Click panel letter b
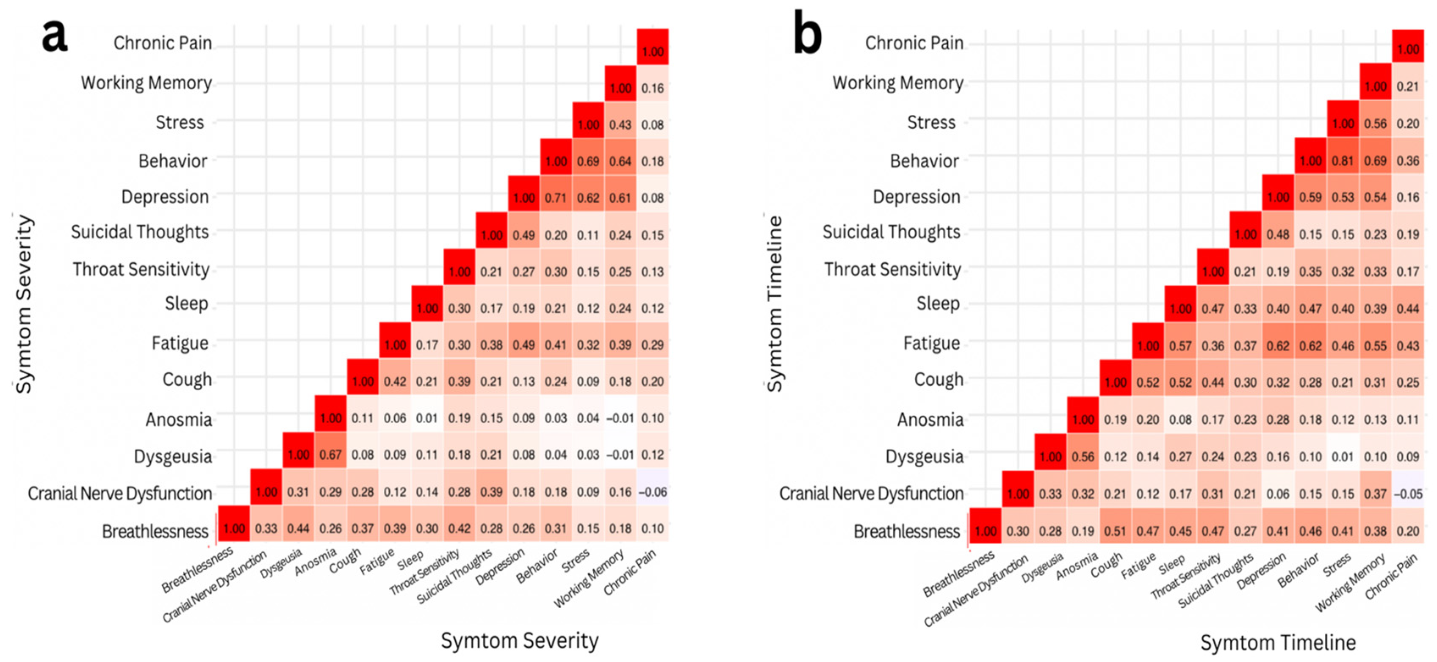tap(807, 36)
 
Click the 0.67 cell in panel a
tap(330, 455)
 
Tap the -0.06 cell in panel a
tap(652, 492)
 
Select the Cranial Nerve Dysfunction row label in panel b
tap(871, 493)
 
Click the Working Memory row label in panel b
tap(897, 83)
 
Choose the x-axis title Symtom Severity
tap(519, 640)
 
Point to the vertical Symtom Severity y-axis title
tap(23, 303)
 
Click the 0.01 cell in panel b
tap(1342, 456)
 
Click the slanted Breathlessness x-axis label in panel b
tap(958, 574)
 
